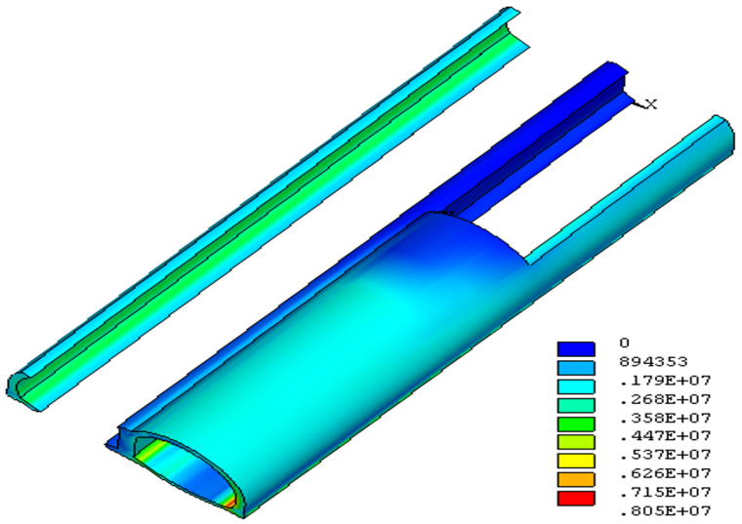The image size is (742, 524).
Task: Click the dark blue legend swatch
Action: (576, 349)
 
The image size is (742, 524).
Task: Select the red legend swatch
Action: (576, 499)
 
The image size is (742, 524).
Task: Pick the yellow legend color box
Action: (576, 462)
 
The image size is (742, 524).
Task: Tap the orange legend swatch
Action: (576, 479)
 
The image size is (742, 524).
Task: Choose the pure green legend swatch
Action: (576, 423)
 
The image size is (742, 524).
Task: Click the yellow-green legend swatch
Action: (576, 442)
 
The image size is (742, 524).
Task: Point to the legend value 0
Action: (625, 343)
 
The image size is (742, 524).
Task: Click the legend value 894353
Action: (653, 362)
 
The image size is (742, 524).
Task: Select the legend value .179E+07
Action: (665, 381)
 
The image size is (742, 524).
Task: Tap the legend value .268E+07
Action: (665, 400)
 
